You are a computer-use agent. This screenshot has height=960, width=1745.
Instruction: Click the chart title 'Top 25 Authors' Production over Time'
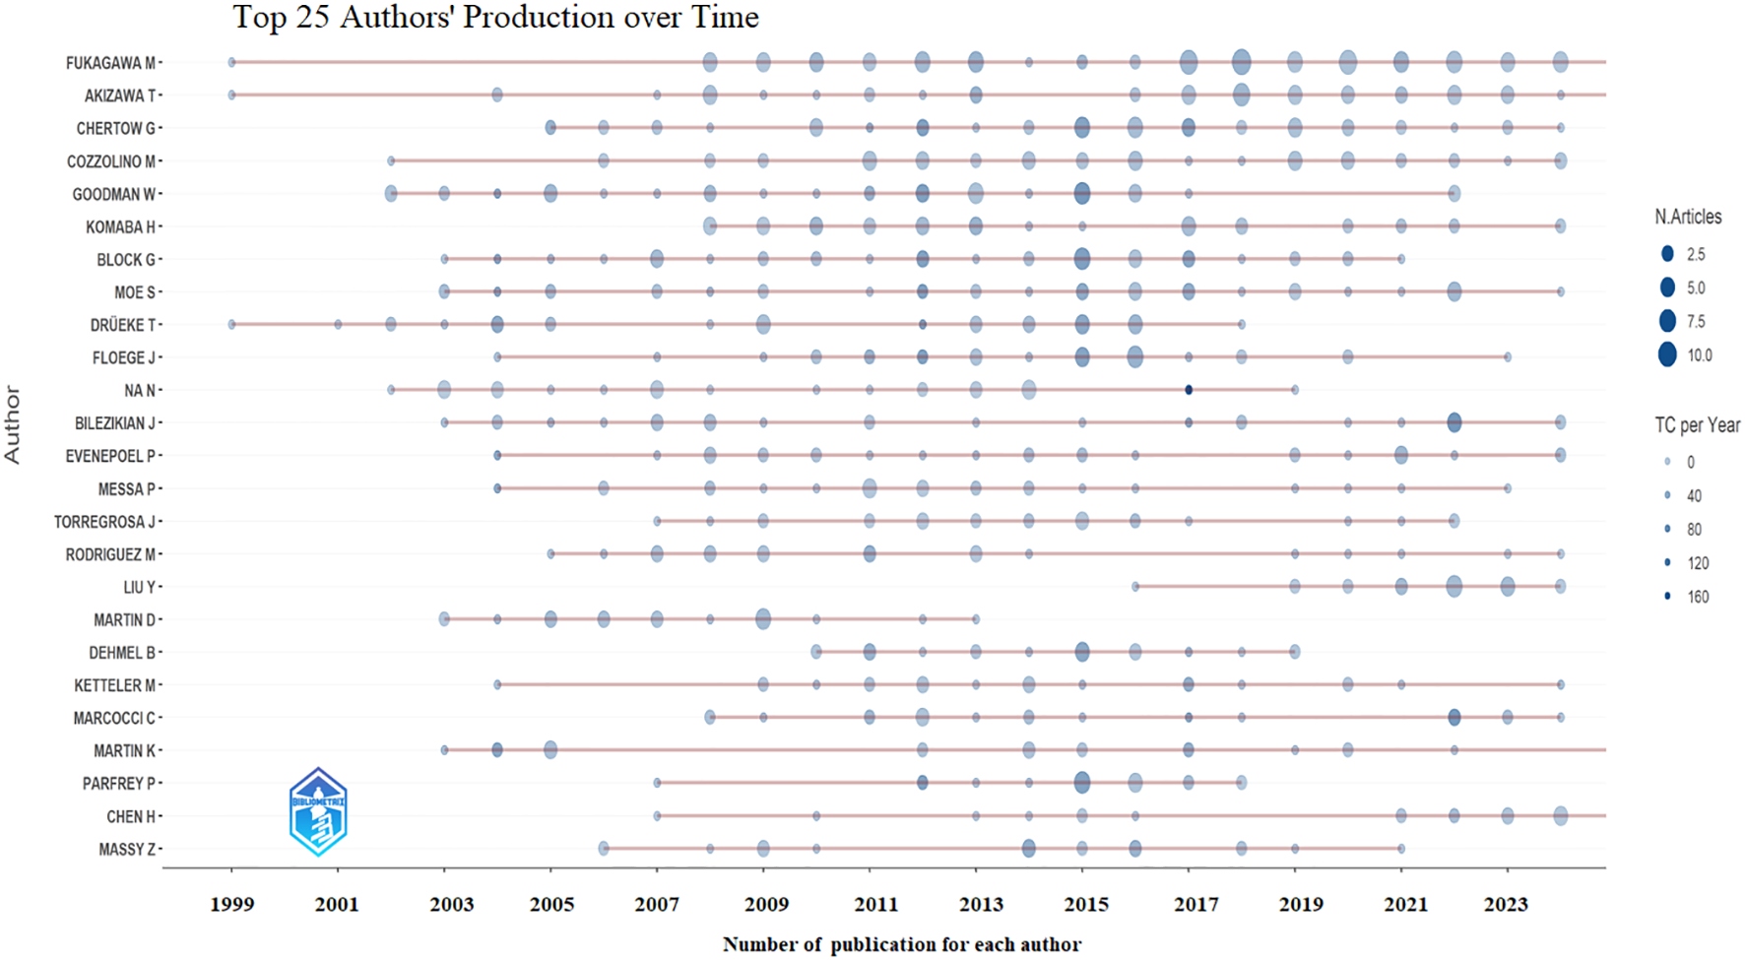pos(495,17)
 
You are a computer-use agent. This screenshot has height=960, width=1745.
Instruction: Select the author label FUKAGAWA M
pos(110,63)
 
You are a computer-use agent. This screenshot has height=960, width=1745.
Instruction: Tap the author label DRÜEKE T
pos(123,325)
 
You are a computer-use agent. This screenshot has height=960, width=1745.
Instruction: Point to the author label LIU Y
pos(139,587)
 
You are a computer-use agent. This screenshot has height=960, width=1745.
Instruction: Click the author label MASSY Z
pos(127,849)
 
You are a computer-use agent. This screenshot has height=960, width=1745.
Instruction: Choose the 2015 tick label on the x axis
pos(1086,904)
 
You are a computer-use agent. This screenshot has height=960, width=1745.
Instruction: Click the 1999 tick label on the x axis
pos(231,904)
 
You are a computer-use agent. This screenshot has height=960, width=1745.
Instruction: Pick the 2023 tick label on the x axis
pos(1506,904)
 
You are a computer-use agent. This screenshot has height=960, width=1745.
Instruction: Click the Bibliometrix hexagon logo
pos(318,812)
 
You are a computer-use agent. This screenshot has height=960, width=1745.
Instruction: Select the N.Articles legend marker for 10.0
pos(1667,354)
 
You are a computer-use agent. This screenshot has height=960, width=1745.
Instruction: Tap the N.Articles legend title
pos(1688,217)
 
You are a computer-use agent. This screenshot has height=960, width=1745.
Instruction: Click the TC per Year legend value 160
pos(1698,597)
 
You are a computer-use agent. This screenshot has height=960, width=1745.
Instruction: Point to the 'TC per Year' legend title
pos(1697,425)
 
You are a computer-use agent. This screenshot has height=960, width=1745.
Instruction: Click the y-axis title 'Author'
pos(13,424)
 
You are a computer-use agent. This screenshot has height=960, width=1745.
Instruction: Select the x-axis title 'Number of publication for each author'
pos(901,944)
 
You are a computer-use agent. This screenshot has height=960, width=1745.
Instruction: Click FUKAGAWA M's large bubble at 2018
pos(1242,62)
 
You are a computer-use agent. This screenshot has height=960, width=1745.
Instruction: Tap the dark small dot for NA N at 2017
pos(1189,390)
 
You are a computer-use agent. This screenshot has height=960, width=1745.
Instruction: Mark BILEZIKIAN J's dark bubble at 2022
pos(1454,422)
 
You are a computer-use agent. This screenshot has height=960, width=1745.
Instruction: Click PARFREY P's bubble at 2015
pos(1082,783)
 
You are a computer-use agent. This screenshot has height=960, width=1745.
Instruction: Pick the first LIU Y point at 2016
pos(1135,587)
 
